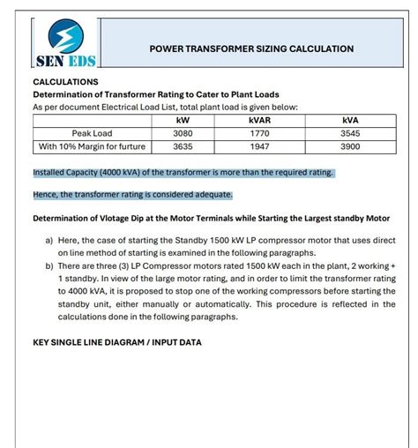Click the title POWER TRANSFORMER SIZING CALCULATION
[252, 49]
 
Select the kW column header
[183, 121]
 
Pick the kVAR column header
[259, 121]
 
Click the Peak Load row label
[92, 134]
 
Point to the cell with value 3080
[183, 134]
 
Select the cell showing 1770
[259, 134]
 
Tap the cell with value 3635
[183, 147]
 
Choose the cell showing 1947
[259, 147]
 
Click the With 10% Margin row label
[92, 147]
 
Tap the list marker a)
[50, 239]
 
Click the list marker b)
[50, 264]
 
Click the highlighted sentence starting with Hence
[132, 195]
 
